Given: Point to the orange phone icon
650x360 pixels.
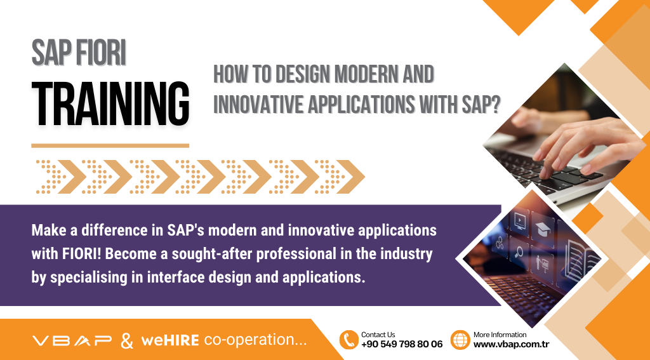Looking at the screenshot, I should (348, 340).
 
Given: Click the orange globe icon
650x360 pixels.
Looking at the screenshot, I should (460, 340).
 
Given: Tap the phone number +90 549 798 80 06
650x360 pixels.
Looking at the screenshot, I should (402, 344).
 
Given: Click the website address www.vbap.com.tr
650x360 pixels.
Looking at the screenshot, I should (511, 344).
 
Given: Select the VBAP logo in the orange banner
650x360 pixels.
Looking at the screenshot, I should (72, 340).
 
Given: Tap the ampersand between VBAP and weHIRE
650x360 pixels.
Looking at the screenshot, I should (127, 340).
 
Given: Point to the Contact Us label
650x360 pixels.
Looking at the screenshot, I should (378, 335).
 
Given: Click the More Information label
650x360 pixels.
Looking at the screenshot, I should (500, 335).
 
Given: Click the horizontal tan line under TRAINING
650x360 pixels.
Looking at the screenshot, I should (110, 145).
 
